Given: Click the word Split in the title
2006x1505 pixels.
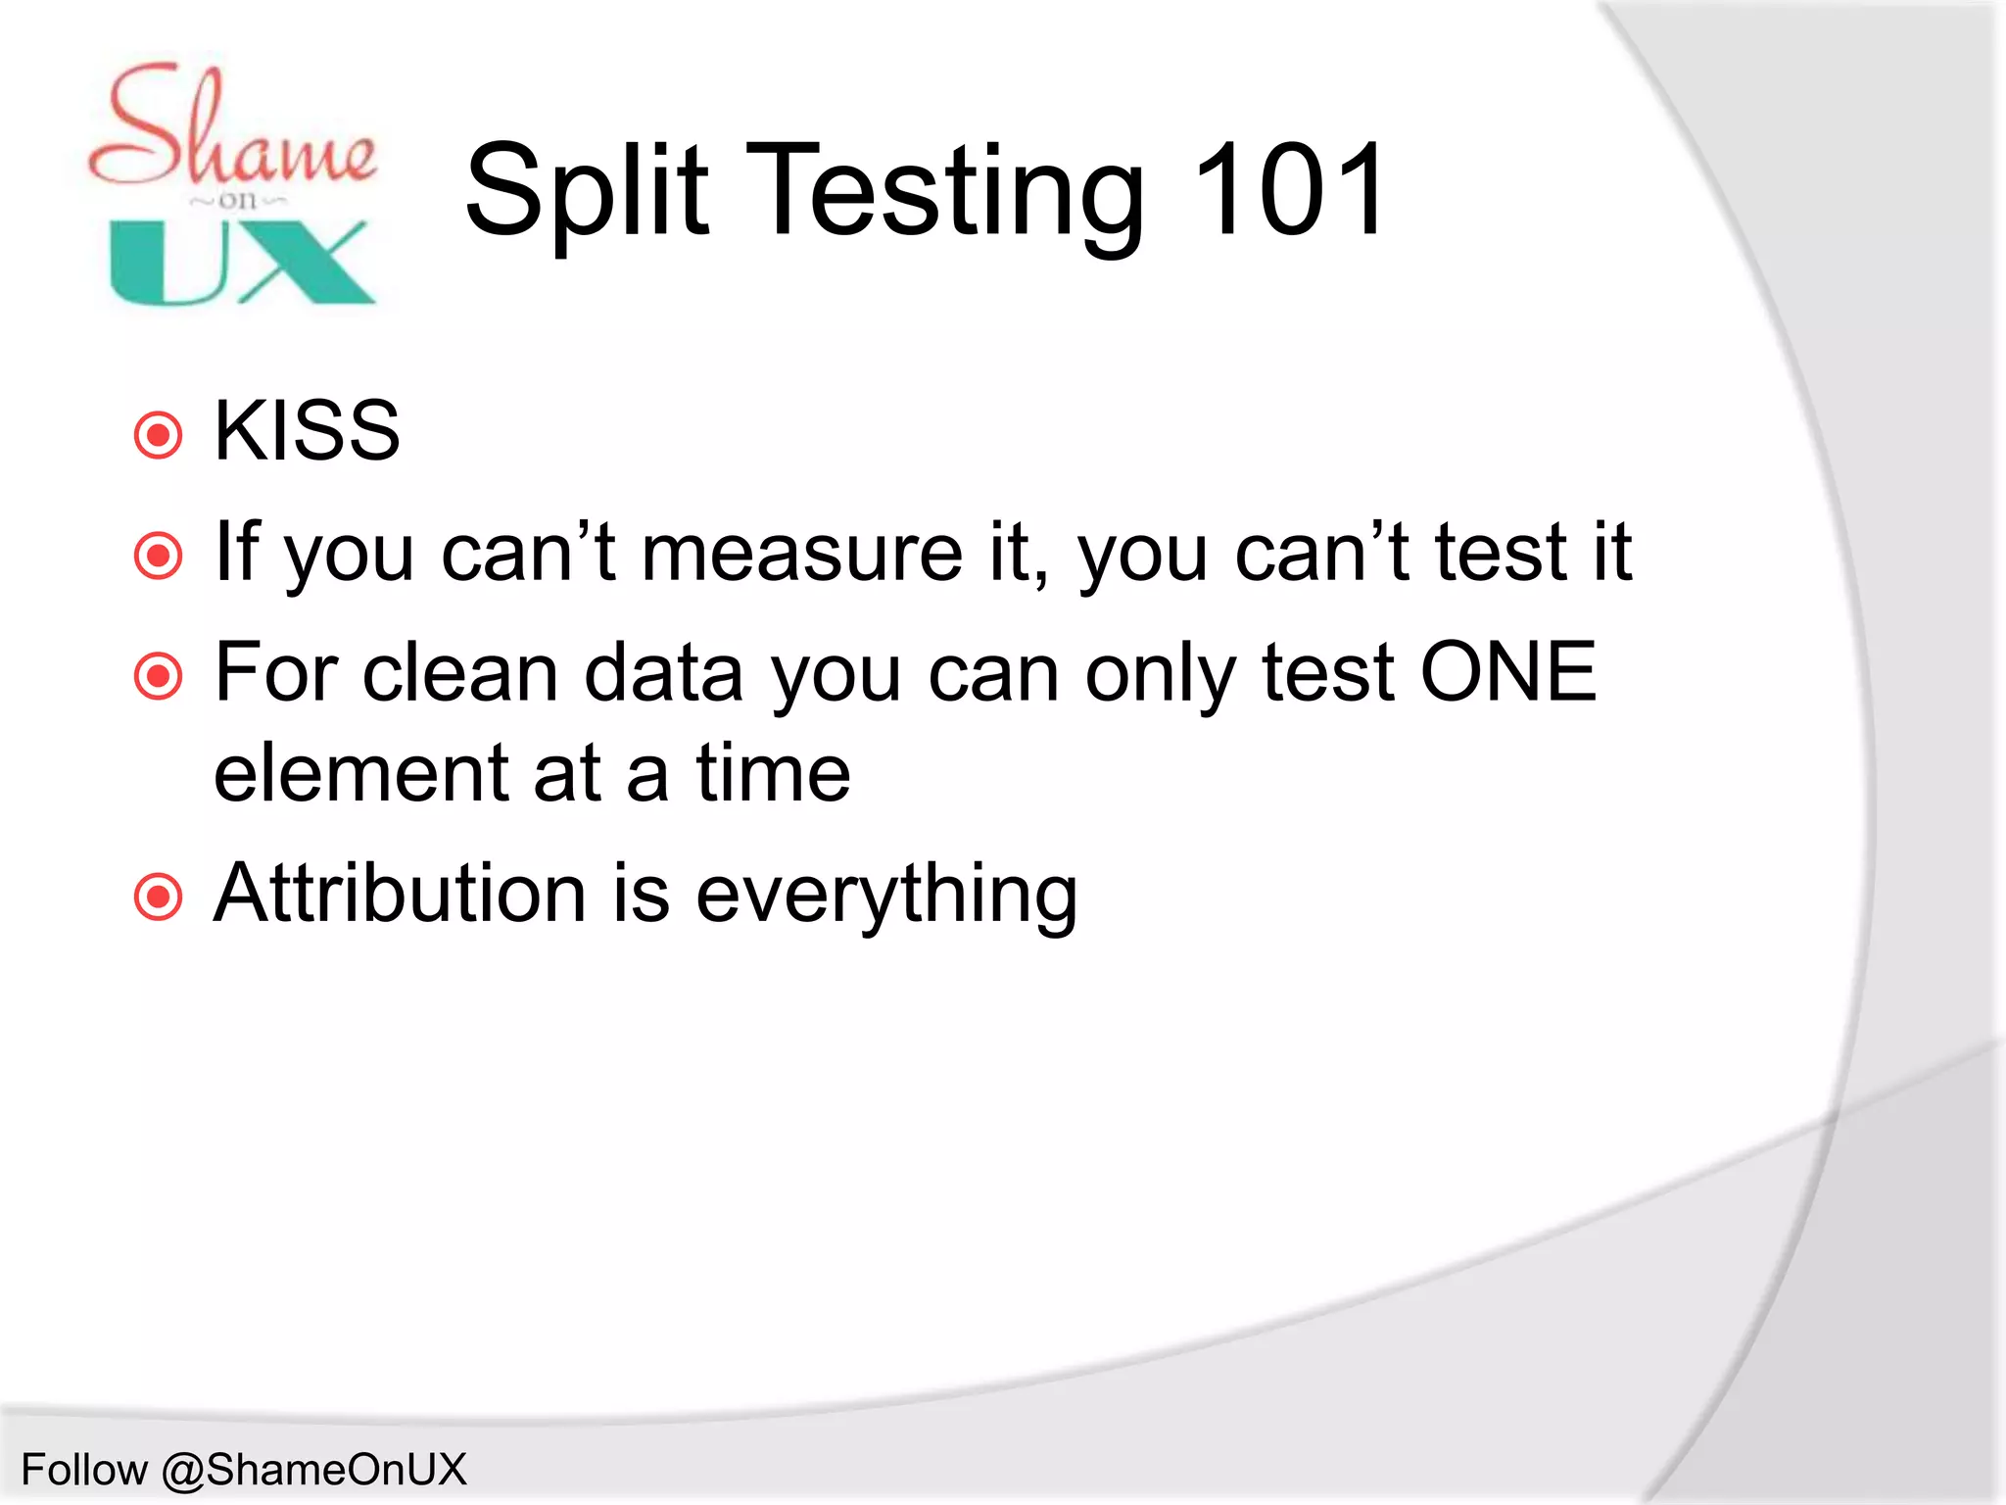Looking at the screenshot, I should coord(586,191).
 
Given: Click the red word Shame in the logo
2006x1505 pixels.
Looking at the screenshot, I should coord(231,127).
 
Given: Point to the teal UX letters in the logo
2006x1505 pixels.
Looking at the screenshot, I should coord(241,263).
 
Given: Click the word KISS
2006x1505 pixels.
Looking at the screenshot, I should coord(307,431).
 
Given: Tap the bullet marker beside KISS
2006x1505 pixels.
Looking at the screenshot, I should coord(158,435).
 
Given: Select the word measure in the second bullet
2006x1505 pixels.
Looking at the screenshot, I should coord(801,554).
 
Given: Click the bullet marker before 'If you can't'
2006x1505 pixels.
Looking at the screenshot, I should coord(158,556).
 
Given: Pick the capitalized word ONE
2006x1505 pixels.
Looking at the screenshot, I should coord(1508,673).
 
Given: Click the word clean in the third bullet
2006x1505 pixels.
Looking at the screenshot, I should coord(459,674).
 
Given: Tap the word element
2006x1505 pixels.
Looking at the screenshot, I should coord(360,774).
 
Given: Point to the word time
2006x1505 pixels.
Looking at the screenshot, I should coord(773,774).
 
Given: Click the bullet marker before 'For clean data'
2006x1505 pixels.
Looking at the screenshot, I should coord(158,676).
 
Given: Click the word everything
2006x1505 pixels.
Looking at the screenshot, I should coord(886,896).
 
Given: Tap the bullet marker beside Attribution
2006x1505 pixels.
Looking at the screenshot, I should coord(158,897).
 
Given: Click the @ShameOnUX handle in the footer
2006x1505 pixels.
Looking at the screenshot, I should coord(314,1470).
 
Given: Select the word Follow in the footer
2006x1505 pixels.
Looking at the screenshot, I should coord(84,1470).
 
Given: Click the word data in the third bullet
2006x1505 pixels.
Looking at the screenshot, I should coord(663,674).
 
